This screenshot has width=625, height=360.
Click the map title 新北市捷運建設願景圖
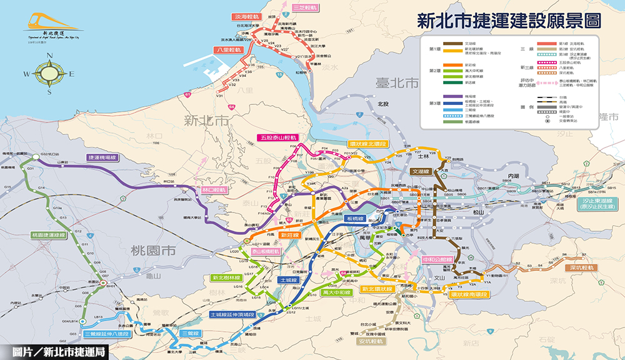coord(509,21)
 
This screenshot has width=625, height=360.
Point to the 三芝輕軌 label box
coord(305,8)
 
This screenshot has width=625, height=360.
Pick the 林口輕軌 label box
coord(215,188)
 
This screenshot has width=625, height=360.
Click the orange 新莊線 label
coord(290,235)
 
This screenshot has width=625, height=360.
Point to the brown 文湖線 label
coord(421,171)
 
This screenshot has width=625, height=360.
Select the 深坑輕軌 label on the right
coord(579,267)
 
